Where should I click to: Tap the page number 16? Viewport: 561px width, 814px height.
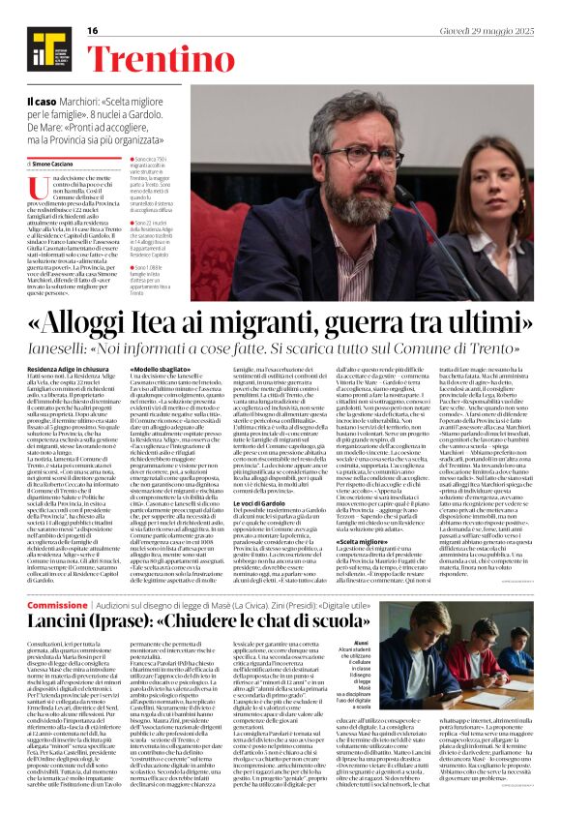tap(93, 31)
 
